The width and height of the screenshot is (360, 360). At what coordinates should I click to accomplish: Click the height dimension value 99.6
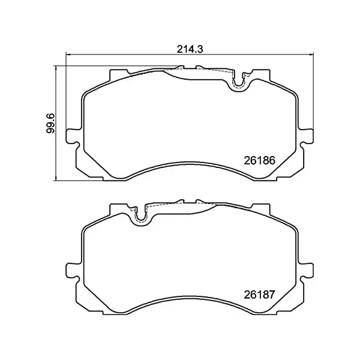(52, 122)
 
